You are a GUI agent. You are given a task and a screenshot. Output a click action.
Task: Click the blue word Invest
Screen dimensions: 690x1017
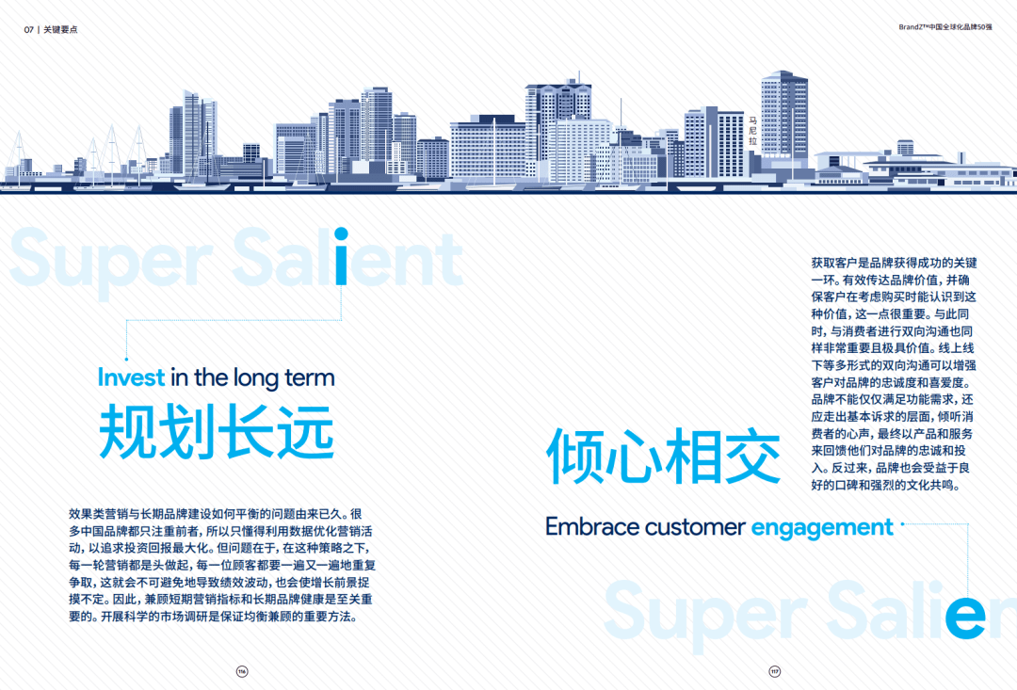pyautogui.click(x=132, y=378)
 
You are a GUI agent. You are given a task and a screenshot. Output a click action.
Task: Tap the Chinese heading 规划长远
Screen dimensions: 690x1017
pyautogui.click(x=217, y=432)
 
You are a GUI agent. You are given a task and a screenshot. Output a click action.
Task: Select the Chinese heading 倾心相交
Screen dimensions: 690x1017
pyautogui.click(x=664, y=457)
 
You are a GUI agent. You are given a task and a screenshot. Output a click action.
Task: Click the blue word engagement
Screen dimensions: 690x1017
pyautogui.click(x=821, y=528)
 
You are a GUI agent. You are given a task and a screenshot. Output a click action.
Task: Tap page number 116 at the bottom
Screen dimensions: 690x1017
pyautogui.click(x=242, y=671)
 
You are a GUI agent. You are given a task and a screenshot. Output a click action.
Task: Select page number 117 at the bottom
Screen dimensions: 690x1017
pyautogui.click(x=775, y=671)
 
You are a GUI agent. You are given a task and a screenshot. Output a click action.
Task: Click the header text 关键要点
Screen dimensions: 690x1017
pyautogui.click(x=61, y=29)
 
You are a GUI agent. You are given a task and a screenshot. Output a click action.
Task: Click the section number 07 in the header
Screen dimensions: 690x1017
pyautogui.click(x=29, y=29)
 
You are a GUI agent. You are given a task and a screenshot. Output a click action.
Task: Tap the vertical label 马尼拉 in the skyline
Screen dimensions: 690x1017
pyautogui.click(x=752, y=131)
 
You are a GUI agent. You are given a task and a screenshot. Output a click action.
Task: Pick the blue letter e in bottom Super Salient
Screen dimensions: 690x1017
pyautogui.click(x=965, y=617)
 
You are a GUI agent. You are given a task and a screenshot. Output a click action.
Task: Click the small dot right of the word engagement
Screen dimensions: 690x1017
pyautogui.click(x=902, y=524)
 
